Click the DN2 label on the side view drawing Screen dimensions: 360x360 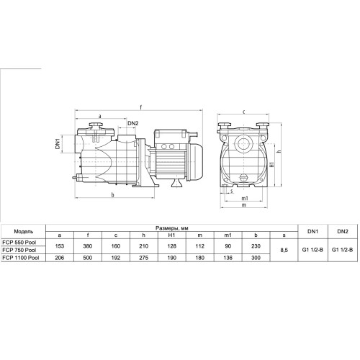[x=133, y=123]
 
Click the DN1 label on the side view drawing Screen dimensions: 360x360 [x=58, y=144]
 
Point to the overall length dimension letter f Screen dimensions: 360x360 [x=141, y=107]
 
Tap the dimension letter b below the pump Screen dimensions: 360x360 [x=112, y=195]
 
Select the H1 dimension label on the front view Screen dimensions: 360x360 [x=272, y=165]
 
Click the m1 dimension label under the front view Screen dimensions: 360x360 [x=245, y=198]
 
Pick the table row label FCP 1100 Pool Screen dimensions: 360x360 [x=20, y=258]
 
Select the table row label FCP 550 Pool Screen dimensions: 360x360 [x=19, y=243]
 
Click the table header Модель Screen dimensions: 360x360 [x=24, y=232]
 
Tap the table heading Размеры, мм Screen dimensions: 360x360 [x=172, y=228]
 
